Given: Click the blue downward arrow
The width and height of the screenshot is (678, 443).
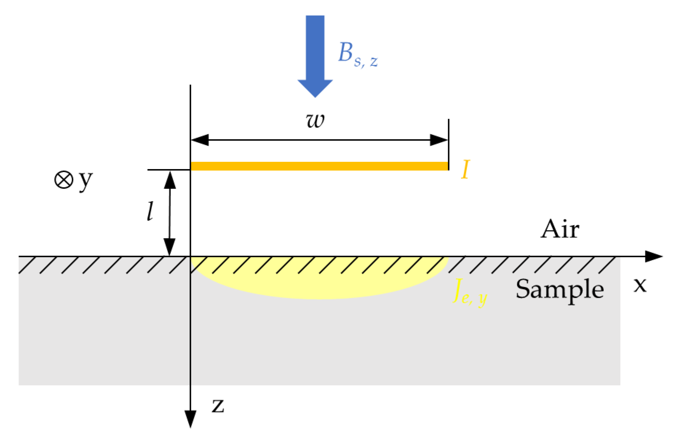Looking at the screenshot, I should click(315, 55).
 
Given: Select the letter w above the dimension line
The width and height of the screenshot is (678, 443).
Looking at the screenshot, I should click(315, 120).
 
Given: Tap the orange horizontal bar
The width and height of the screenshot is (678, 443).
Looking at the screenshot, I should click(319, 166).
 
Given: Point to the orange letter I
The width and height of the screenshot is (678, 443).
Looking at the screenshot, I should click(465, 169).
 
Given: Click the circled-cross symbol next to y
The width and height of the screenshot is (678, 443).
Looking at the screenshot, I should click(64, 180).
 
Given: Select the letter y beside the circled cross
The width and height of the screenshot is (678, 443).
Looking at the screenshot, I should click(86, 180).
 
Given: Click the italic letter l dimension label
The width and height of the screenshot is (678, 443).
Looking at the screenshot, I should click(150, 212).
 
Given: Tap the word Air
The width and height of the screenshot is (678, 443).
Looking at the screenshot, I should click(560, 230).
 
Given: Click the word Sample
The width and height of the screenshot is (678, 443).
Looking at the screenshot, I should click(559, 290).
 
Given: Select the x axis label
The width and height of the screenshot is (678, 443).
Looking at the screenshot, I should click(640, 285).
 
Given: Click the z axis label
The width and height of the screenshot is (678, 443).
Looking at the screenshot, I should click(218, 406).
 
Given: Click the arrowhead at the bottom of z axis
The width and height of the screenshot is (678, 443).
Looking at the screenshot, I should click(191, 419).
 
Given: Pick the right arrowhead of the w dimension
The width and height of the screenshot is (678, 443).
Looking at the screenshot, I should click(439, 140).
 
